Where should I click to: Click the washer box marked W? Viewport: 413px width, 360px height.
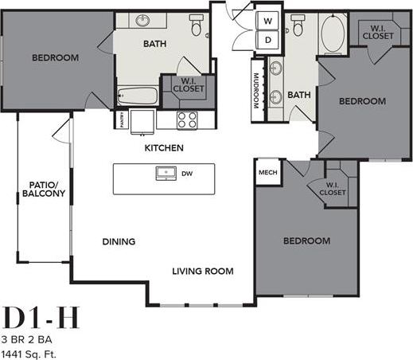point(268,21)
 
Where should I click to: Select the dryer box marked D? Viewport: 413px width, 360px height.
point(268,39)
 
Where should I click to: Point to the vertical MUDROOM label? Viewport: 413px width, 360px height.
point(257,91)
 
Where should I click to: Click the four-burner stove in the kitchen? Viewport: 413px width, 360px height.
point(187,119)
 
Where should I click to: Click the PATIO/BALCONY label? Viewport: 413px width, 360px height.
point(37,188)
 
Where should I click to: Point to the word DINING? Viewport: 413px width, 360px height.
point(119,241)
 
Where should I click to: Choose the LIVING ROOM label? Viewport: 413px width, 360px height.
point(203,271)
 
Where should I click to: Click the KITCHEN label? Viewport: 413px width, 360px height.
point(164,148)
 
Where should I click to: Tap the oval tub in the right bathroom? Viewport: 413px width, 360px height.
point(333,33)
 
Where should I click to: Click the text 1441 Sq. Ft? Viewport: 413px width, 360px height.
point(30,352)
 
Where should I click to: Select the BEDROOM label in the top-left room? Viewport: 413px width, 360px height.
point(55,57)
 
